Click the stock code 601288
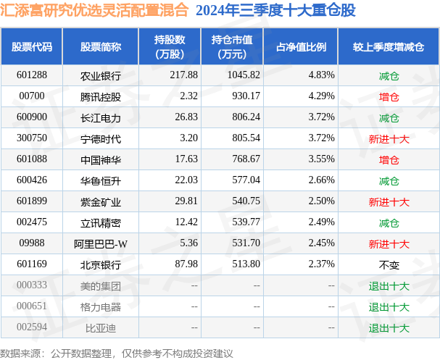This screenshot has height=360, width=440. point(32,75)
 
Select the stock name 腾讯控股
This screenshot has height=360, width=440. point(101,96)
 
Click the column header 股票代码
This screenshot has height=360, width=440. point(32,47)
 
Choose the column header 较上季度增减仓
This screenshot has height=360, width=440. point(389,47)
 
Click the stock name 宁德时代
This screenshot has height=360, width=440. point(101,138)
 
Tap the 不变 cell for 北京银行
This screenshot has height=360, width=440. point(389,265)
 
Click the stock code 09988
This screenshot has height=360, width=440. point(32,244)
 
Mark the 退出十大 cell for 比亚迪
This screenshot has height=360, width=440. point(389,328)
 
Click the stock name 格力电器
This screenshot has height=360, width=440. point(101,307)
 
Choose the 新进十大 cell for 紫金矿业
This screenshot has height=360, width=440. point(389,201)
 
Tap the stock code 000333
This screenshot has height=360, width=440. point(32,286)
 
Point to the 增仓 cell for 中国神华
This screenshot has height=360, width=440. point(389,159)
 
